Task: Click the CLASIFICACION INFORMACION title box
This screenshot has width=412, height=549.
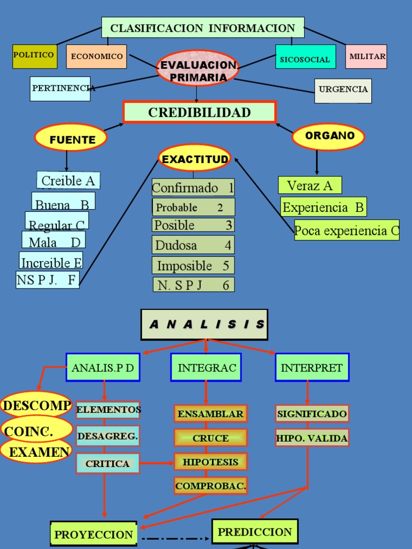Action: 203,27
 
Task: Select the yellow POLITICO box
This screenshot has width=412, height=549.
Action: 35,56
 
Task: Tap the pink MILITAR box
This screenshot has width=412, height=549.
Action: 366,56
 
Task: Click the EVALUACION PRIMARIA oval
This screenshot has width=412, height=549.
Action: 198,69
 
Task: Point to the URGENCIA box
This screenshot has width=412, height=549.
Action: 343,91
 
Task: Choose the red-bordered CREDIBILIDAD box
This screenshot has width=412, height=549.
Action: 200,112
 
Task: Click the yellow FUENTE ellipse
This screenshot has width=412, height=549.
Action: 71,137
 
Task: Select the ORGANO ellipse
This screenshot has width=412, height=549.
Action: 328,137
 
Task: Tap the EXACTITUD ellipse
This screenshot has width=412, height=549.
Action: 194,158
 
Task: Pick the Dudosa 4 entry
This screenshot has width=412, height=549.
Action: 193,244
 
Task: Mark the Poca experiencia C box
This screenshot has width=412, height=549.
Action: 347,230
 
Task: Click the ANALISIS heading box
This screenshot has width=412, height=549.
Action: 204,324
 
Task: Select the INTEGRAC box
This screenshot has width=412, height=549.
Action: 206,367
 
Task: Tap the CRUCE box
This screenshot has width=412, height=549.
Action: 210,437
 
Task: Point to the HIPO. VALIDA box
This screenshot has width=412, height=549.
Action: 312,437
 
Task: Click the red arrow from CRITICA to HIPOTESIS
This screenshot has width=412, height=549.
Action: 157,463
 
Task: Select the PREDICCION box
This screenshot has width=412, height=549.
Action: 255,531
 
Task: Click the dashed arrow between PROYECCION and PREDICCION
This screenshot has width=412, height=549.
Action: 175,538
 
